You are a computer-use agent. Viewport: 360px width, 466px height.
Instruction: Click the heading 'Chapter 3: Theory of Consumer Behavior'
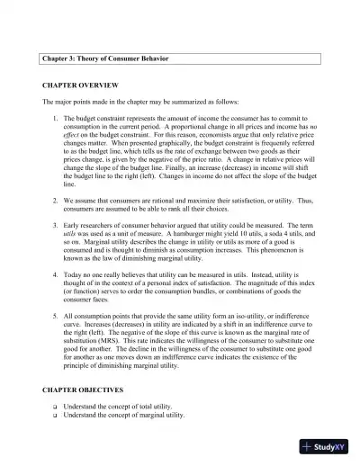105,58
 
